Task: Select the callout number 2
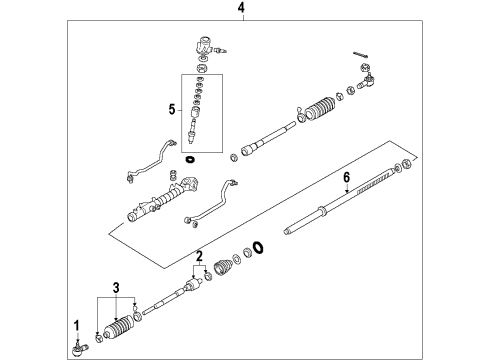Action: (x=200, y=255)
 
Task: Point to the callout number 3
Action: (x=117, y=289)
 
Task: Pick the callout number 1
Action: (x=76, y=323)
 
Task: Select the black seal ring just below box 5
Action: (x=190, y=159)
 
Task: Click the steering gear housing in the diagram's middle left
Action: (x=150, y=204)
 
